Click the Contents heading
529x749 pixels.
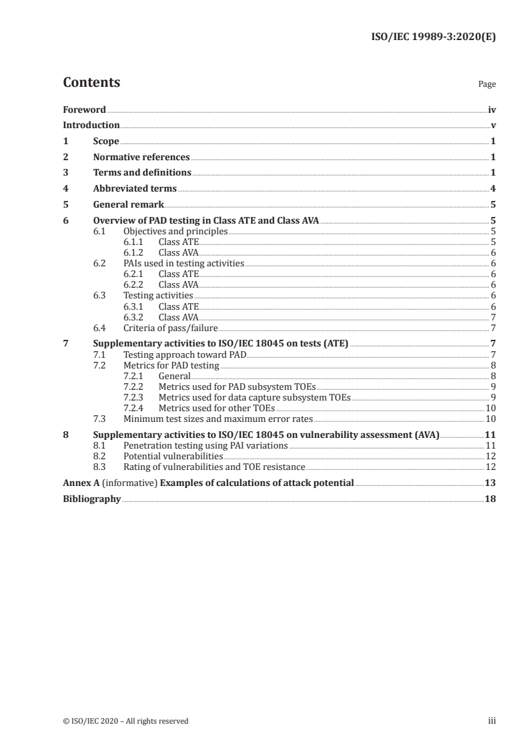(x=91, y=83)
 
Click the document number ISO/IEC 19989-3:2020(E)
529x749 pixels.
(x=433, y=37)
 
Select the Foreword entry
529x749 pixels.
(x=84, y=109)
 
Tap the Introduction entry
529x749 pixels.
(x=91, y=126)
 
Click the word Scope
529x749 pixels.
(x=106, y=142)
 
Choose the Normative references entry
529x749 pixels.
(x=141, y=158)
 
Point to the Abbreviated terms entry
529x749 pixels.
(x=135, y=189)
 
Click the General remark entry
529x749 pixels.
(x=128, y=205)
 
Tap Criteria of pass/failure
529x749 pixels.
(x=171, y=328)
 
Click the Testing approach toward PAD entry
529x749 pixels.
(x=185, y=354)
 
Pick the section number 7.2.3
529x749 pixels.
(x=135, y=397)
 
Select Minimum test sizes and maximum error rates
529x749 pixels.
(x=218, y=419)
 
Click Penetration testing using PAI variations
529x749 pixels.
(x=206, y=445)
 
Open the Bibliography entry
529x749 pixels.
(x=91, y=499)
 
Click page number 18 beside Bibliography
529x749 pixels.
(x=490, y=499)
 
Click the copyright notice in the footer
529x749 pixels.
(x=125, y=721)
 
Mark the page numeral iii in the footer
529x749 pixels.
(x=492, y=721)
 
